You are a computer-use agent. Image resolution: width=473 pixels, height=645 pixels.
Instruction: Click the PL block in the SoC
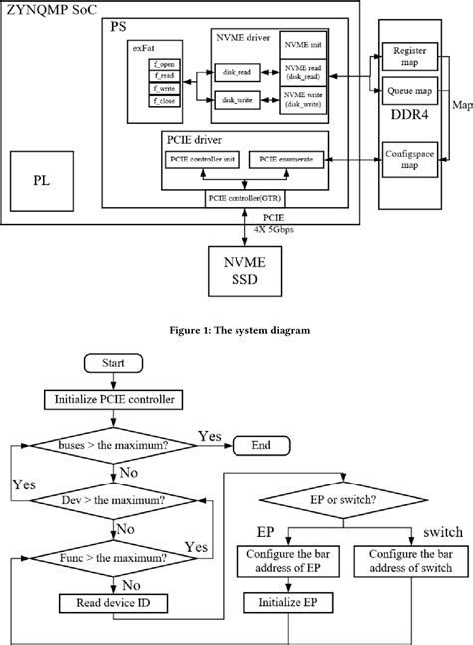37,182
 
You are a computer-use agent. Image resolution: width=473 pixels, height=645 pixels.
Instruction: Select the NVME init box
303,46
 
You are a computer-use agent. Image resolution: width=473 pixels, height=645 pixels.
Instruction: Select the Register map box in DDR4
410,56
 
